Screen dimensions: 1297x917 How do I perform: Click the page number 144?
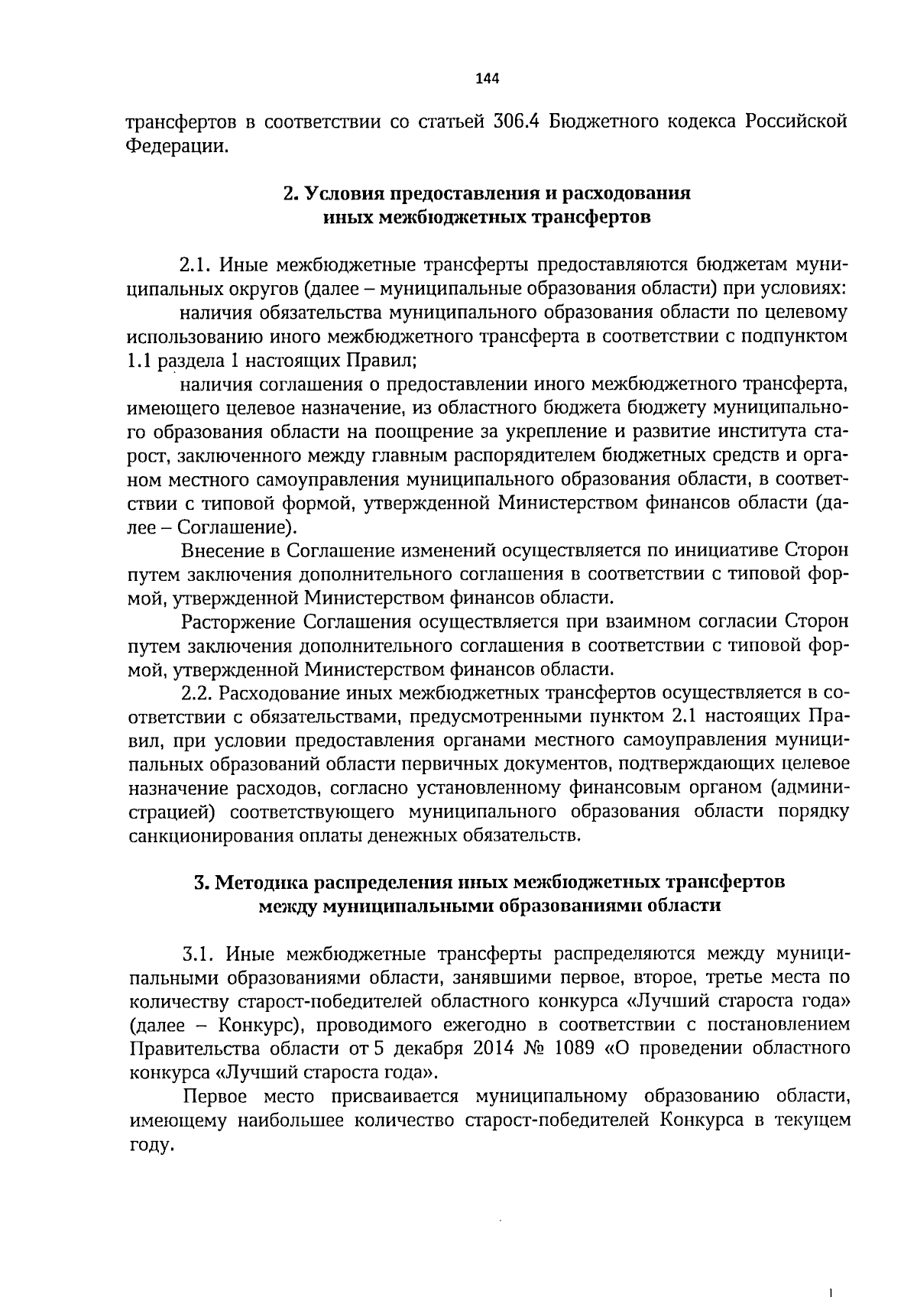(486, 77)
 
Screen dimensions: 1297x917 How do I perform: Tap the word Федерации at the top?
(177, 145)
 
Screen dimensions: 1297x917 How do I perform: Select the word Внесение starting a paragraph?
(219, 551)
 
